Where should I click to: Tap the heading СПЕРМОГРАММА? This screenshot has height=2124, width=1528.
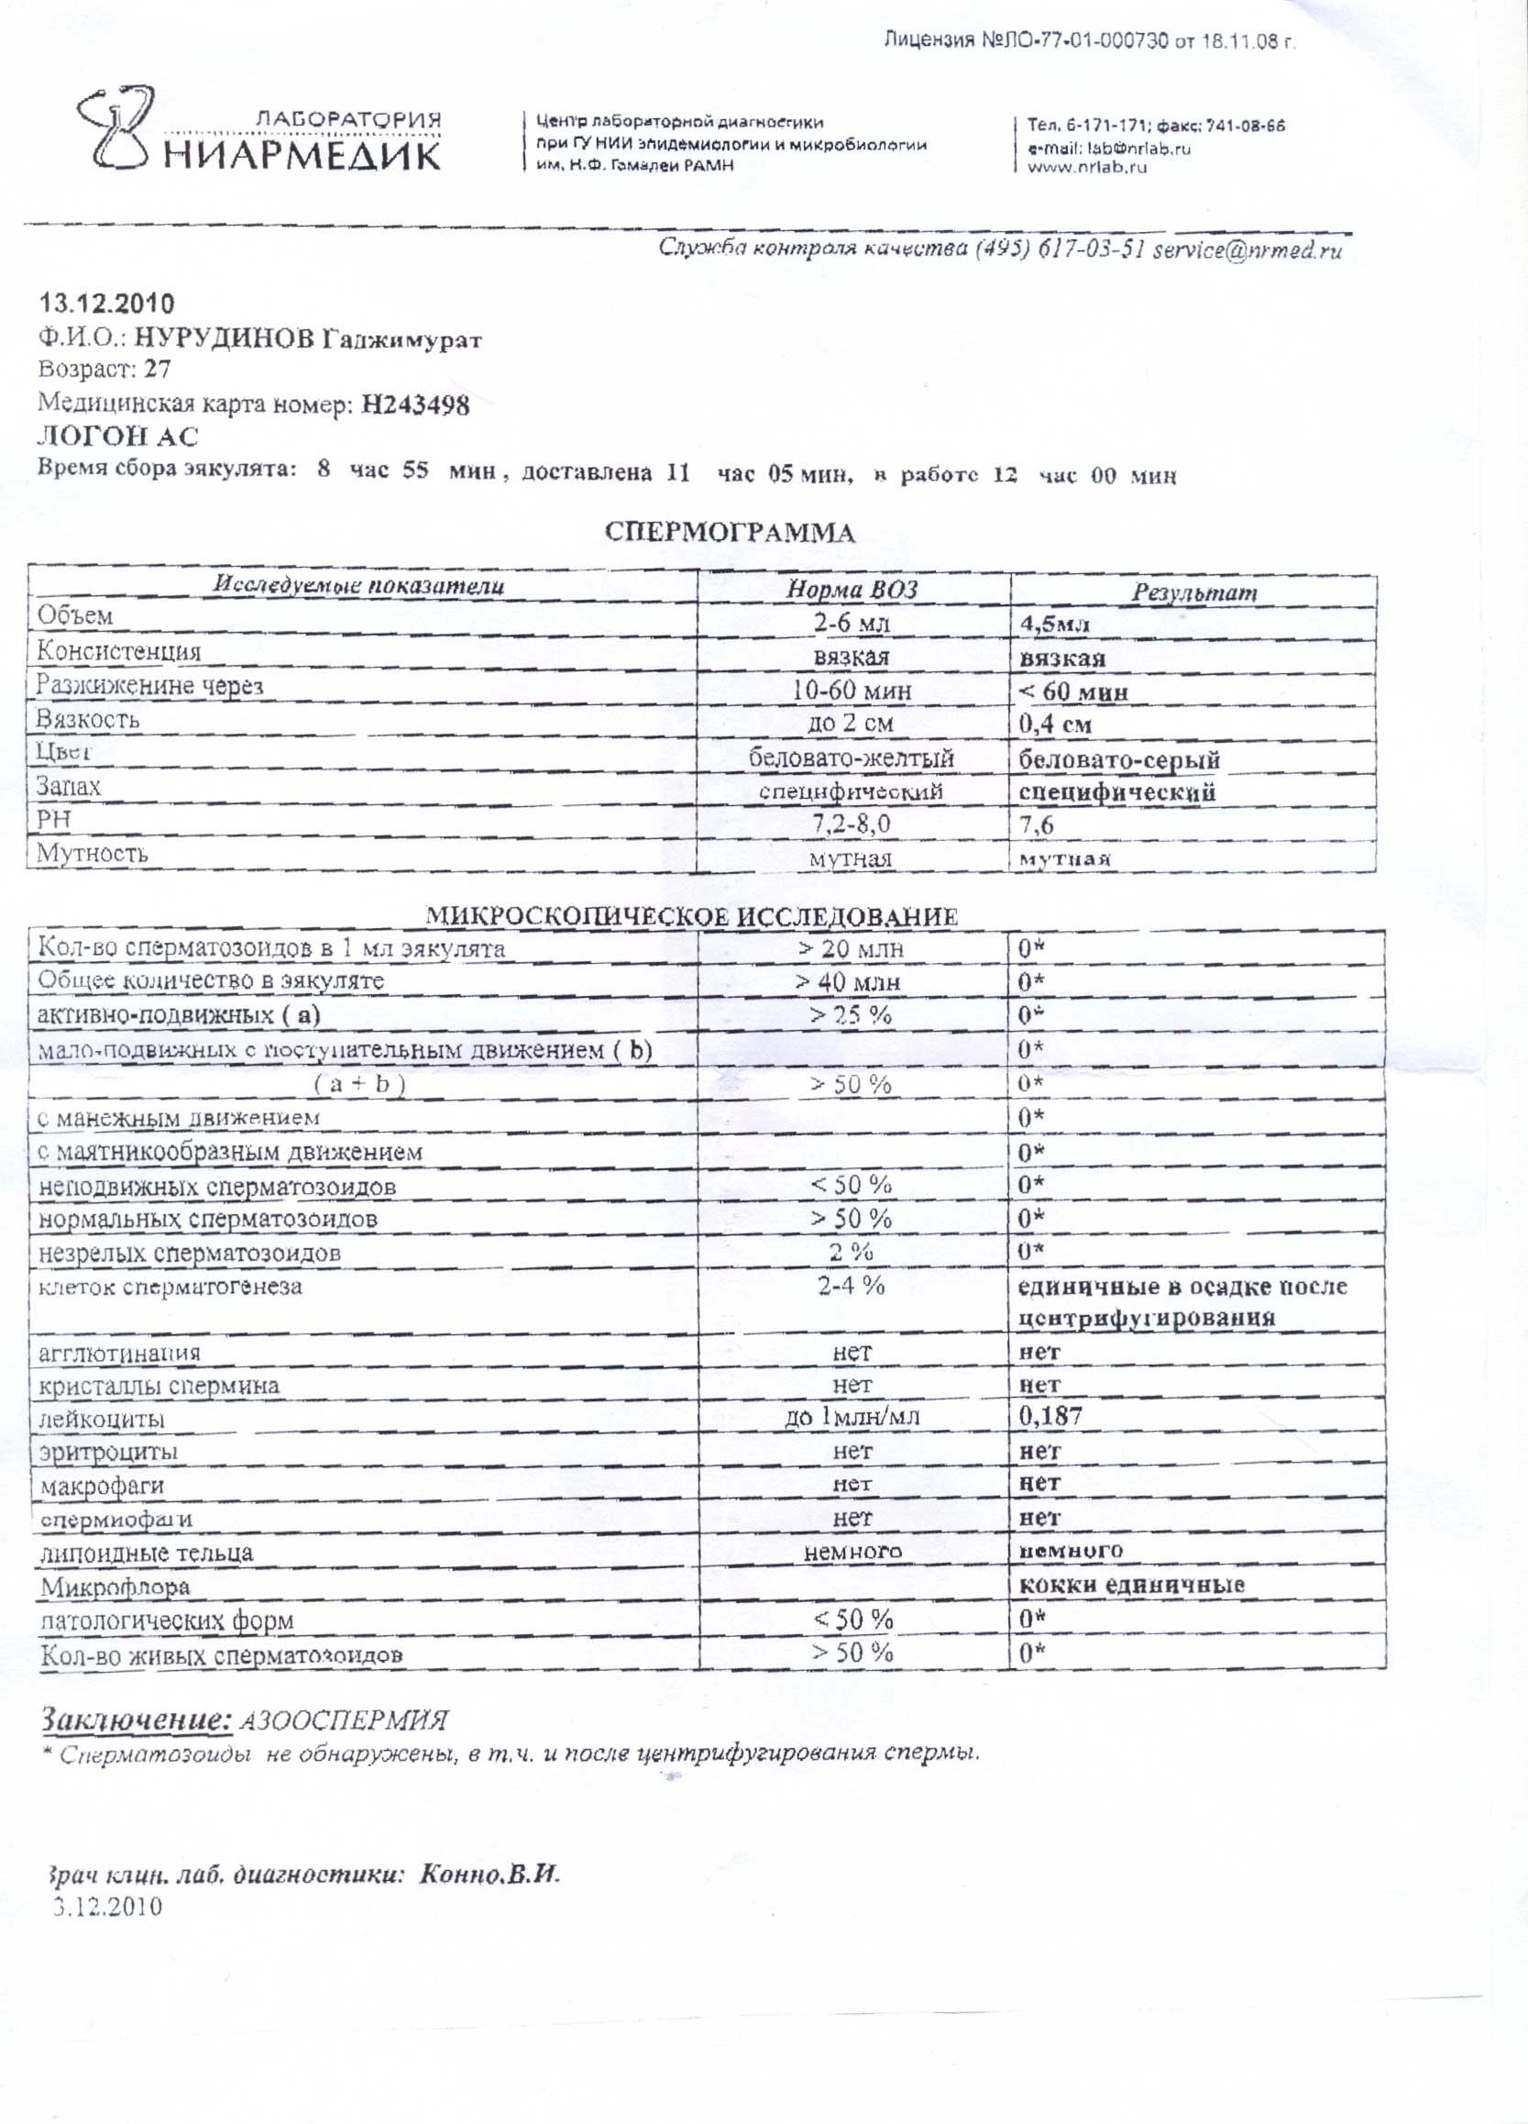[730, 533]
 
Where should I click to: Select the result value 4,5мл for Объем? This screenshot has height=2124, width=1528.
[1054, 624]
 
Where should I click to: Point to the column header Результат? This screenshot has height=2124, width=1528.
[1193, 592]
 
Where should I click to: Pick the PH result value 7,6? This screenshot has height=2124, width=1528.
[1037, 825]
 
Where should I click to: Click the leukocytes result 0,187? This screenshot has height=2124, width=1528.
[1050, 1416]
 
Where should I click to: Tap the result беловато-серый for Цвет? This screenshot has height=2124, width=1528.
[1119, 759]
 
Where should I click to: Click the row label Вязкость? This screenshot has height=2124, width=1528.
[88, 719]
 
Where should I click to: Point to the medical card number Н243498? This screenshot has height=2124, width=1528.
[415, 404]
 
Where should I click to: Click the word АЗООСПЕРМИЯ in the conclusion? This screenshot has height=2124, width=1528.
[345, 1721]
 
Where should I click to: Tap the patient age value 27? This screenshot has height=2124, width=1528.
[158, 370]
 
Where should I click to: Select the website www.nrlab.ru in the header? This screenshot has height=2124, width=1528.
[1087, 168]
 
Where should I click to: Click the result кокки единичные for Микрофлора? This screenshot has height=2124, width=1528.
[1131, 1586]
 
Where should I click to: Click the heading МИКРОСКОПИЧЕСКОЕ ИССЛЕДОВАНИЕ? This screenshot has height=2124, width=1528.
[692, 916]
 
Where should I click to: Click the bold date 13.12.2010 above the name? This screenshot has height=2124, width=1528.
[105, 304]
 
